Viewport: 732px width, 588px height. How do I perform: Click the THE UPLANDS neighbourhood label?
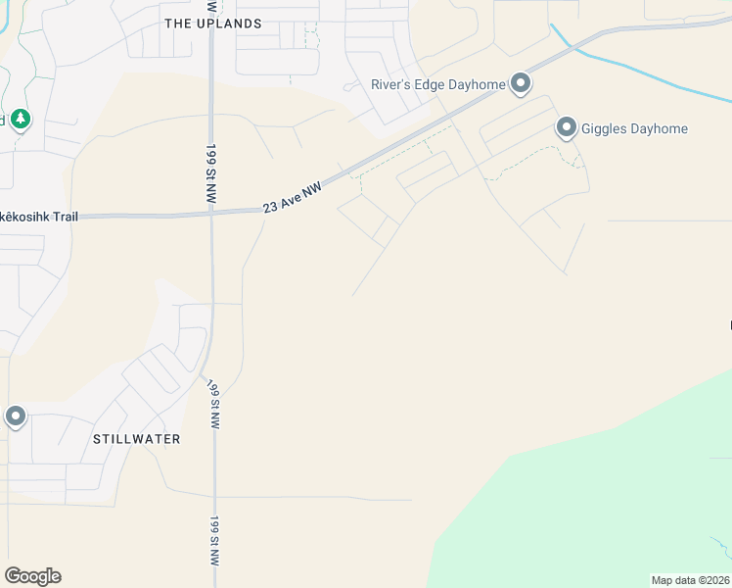click(213, 23)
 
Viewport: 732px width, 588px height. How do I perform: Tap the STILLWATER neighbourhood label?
click(136, 439)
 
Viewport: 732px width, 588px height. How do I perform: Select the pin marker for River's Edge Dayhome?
click(521, 84)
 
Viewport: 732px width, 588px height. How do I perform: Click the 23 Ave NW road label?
click(293, 195)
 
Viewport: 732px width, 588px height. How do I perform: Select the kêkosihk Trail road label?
click(38, 216)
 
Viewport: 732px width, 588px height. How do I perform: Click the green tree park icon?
click(21, 120)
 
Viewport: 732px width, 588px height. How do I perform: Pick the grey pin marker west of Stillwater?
click(16, 416)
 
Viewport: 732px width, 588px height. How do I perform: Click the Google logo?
click(32, 576)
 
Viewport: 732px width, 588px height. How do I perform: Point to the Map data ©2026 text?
click(690, 580)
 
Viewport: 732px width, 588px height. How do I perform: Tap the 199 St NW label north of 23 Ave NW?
click(210, 174)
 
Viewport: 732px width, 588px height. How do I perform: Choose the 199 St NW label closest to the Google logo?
click(214, 541)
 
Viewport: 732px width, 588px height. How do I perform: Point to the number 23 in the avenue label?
click(270, 207)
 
